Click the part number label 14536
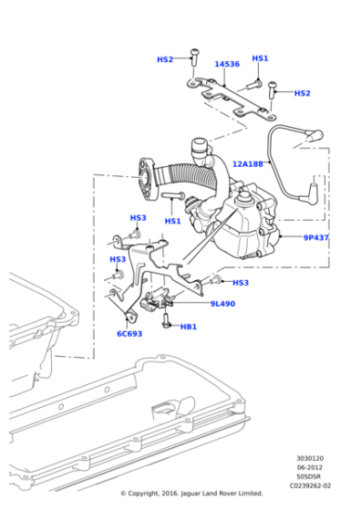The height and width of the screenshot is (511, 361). [227, 65]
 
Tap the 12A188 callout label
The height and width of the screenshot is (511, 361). [246, 164]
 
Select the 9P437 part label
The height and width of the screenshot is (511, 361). [316, 238]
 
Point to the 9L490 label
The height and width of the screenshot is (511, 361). [222, 304]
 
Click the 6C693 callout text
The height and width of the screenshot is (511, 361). [128, 334]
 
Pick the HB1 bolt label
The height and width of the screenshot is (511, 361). [189, 326]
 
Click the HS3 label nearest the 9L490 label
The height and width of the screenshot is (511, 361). [241, 283]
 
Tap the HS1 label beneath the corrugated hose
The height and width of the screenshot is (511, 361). [172, 221]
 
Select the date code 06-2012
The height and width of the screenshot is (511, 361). [308, 468]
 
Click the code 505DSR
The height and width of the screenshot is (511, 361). [308, 477]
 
